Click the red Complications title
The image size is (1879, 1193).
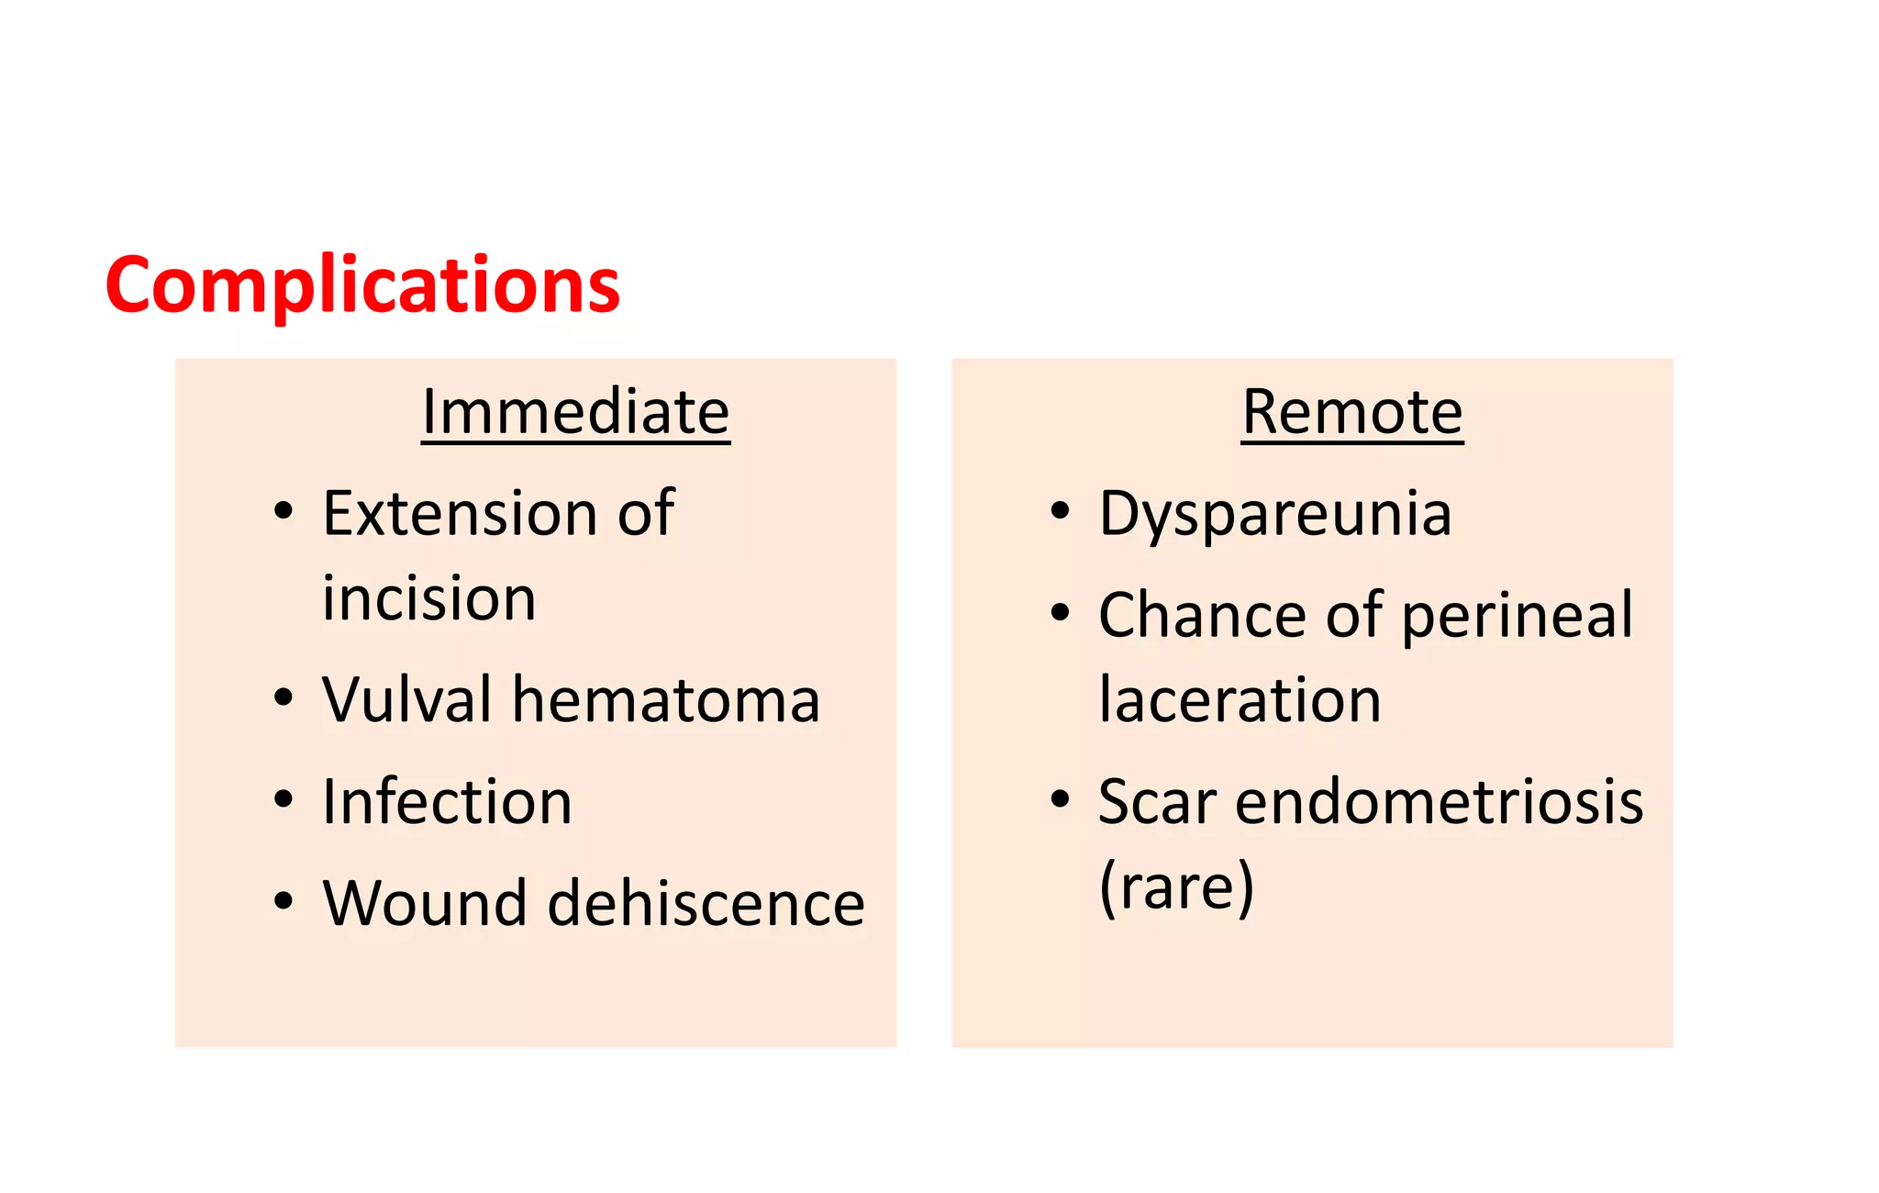coord(362,285)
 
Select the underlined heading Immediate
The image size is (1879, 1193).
coord(575,412)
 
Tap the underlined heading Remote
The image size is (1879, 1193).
coord(1351,412)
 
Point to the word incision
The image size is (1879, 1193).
coord(428,598)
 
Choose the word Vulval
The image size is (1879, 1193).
coord(407,700)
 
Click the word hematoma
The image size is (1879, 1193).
coord(665,700)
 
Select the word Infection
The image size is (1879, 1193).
coord(447,802)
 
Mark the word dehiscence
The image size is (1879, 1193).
coord(706,904)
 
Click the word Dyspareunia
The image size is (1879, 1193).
coord(1275,514)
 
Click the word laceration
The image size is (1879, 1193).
coord(1240,700)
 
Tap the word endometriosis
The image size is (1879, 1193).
coord(1439,802)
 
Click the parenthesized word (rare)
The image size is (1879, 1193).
coord(1176,887)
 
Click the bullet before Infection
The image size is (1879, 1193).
coord(284,800)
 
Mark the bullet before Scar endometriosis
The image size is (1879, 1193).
coord(1060,798)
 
